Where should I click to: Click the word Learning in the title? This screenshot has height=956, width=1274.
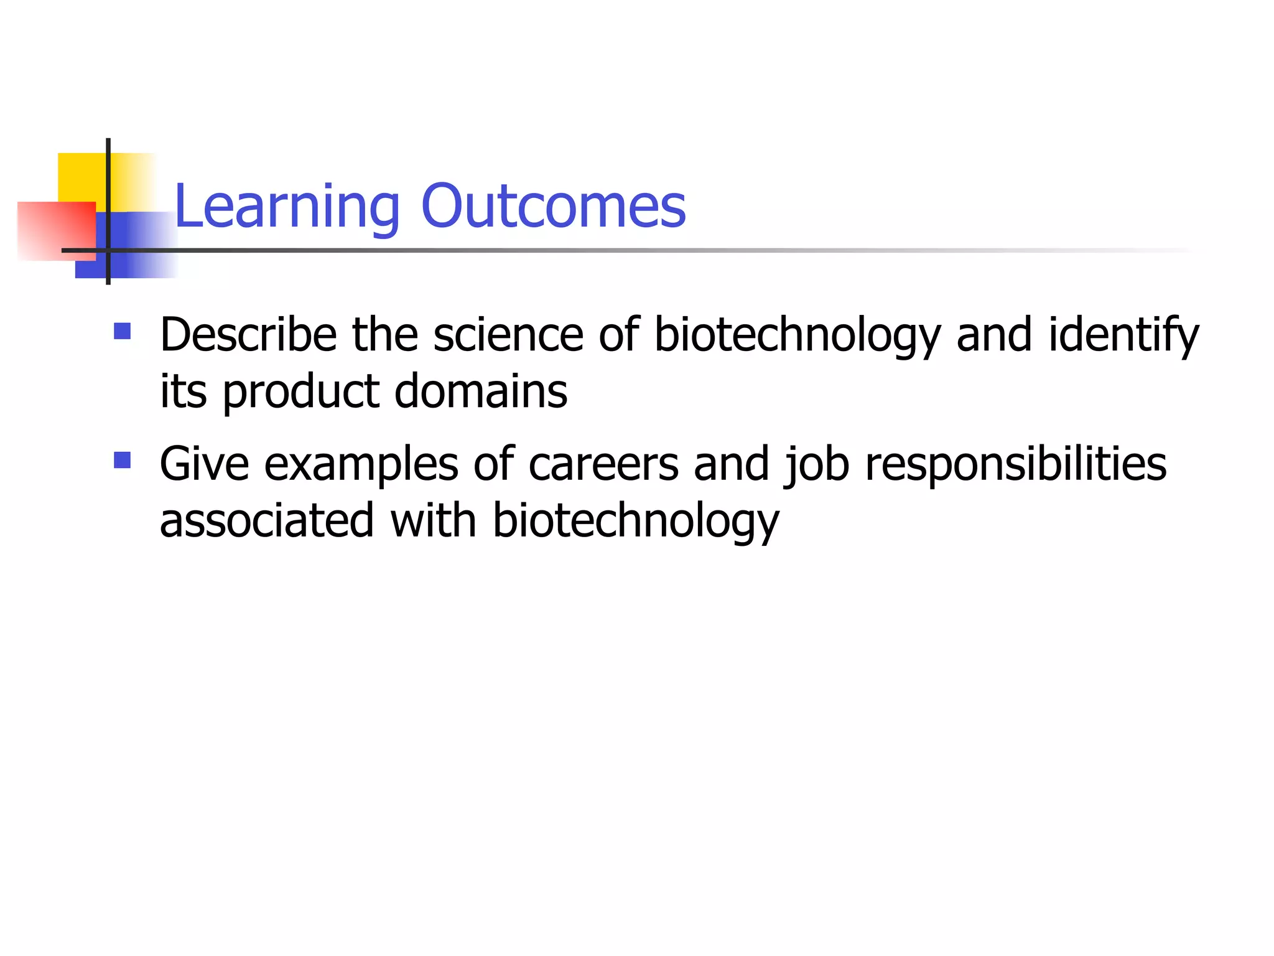click(287, 207)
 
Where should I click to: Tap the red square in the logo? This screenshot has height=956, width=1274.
click(56, 231)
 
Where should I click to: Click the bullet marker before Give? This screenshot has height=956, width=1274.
click(123, 460)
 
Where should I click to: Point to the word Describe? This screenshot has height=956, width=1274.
click(248, 335)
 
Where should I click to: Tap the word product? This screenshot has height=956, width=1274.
click(301, 392)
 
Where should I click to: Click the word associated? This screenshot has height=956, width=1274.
click(267, 520)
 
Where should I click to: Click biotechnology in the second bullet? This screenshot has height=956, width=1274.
click(635, 522)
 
